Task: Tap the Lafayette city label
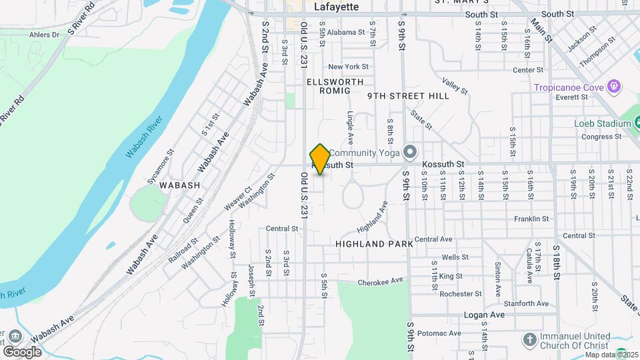click(336, 7)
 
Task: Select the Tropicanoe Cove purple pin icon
click(614, 87)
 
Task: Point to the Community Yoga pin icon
click(409, 153)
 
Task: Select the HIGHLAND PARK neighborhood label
click(374, 244)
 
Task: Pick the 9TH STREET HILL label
click(408, 96)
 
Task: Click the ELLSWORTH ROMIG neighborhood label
click(335, 86)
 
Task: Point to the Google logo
click(22, 351)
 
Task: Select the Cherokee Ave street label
click(381, 282)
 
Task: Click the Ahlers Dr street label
click(45, 35)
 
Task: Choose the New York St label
click(348, 67)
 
